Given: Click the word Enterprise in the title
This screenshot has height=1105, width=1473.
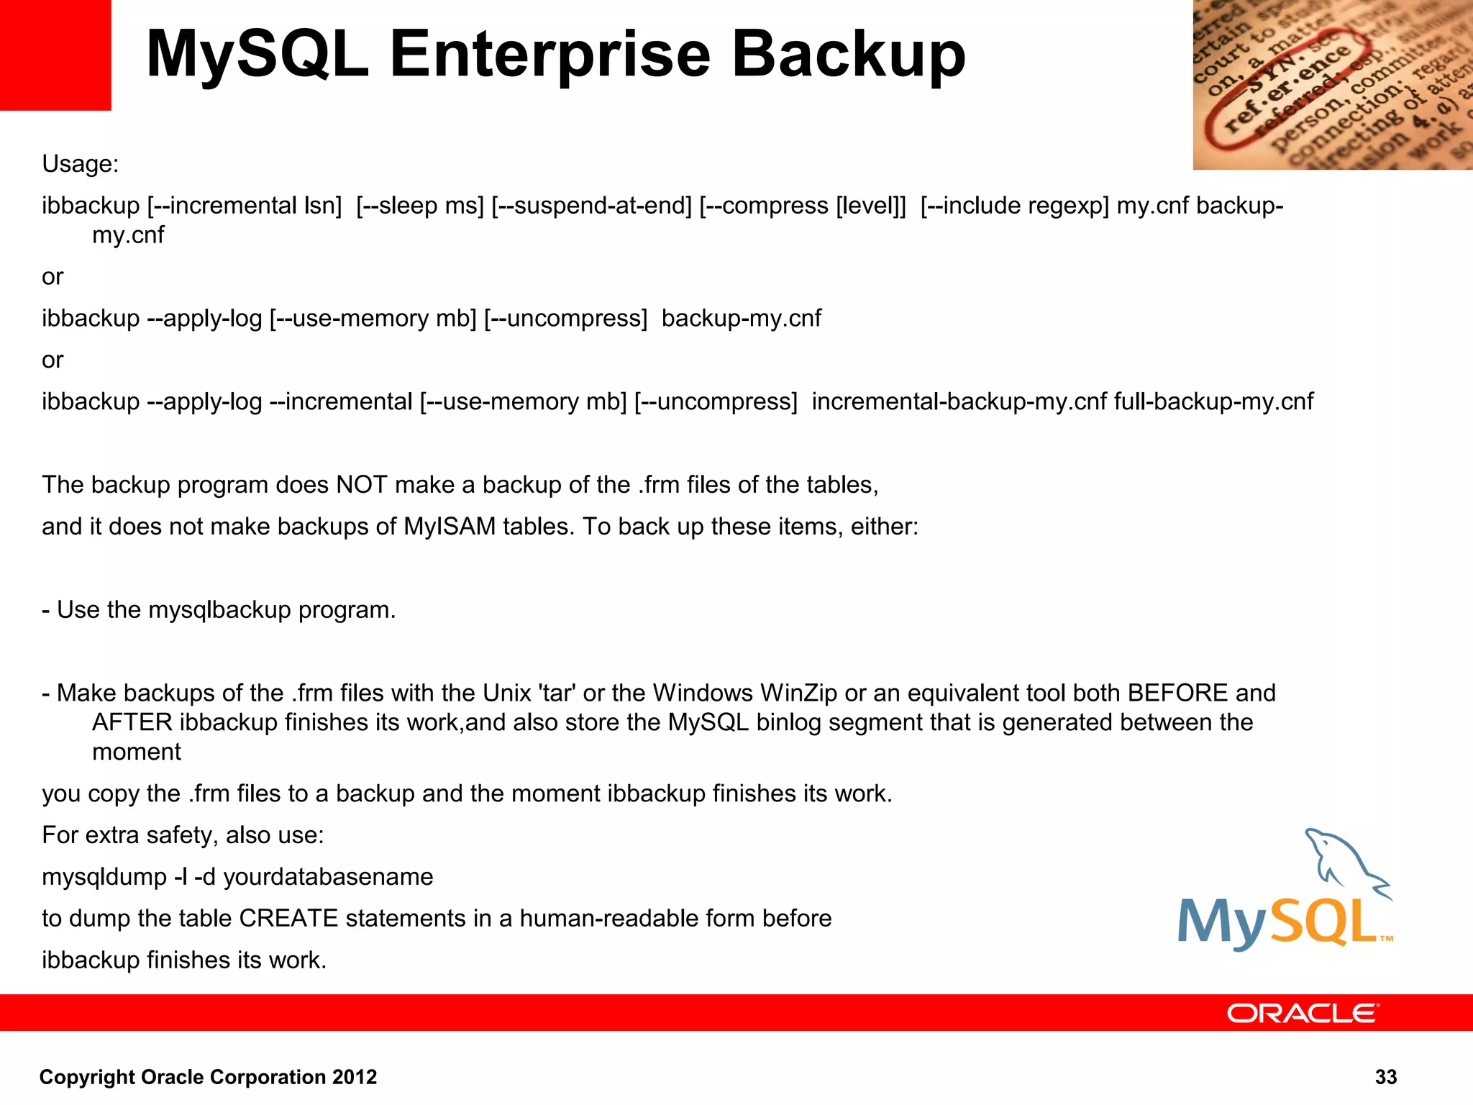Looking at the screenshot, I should (x=550, y=56).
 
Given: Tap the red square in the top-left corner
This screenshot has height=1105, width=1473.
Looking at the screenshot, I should (x=55, y=55).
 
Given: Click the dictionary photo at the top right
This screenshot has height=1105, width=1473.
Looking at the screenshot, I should (x=1332, y=85).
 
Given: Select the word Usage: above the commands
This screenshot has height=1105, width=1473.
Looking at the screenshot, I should (x=80, y=164).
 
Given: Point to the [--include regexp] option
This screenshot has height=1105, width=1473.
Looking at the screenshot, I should (x=1014, y=206).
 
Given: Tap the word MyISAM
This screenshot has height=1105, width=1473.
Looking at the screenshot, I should (x=450, y=527).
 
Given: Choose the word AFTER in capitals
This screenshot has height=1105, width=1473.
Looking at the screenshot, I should (x=132, y=722).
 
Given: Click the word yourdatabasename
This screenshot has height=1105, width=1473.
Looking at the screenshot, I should (x=328, y=877).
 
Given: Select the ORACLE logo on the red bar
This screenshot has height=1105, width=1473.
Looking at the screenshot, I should (x=1303, y=1013).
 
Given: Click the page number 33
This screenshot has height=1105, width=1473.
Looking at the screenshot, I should (x=1385, y=1077).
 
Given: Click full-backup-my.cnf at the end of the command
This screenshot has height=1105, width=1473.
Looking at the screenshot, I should (x=1213, y=401).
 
